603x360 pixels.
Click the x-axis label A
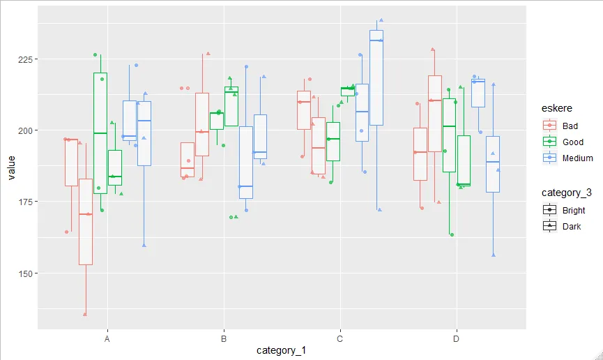pos(107,338)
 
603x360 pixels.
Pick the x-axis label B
pos(224,338)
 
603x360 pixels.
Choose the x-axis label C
pos(340,338)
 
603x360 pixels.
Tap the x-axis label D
pos(457,338)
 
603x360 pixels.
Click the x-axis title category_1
pos(281,351)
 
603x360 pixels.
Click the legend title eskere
pos(557,110)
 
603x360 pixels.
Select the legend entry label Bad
pos(570,126)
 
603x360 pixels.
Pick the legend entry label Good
pos(572,142)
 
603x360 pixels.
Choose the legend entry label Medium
pos(577,158)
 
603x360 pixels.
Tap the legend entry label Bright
pos(574,210)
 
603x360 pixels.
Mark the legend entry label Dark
pos(572,226)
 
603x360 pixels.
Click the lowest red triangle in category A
pos(85,315)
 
